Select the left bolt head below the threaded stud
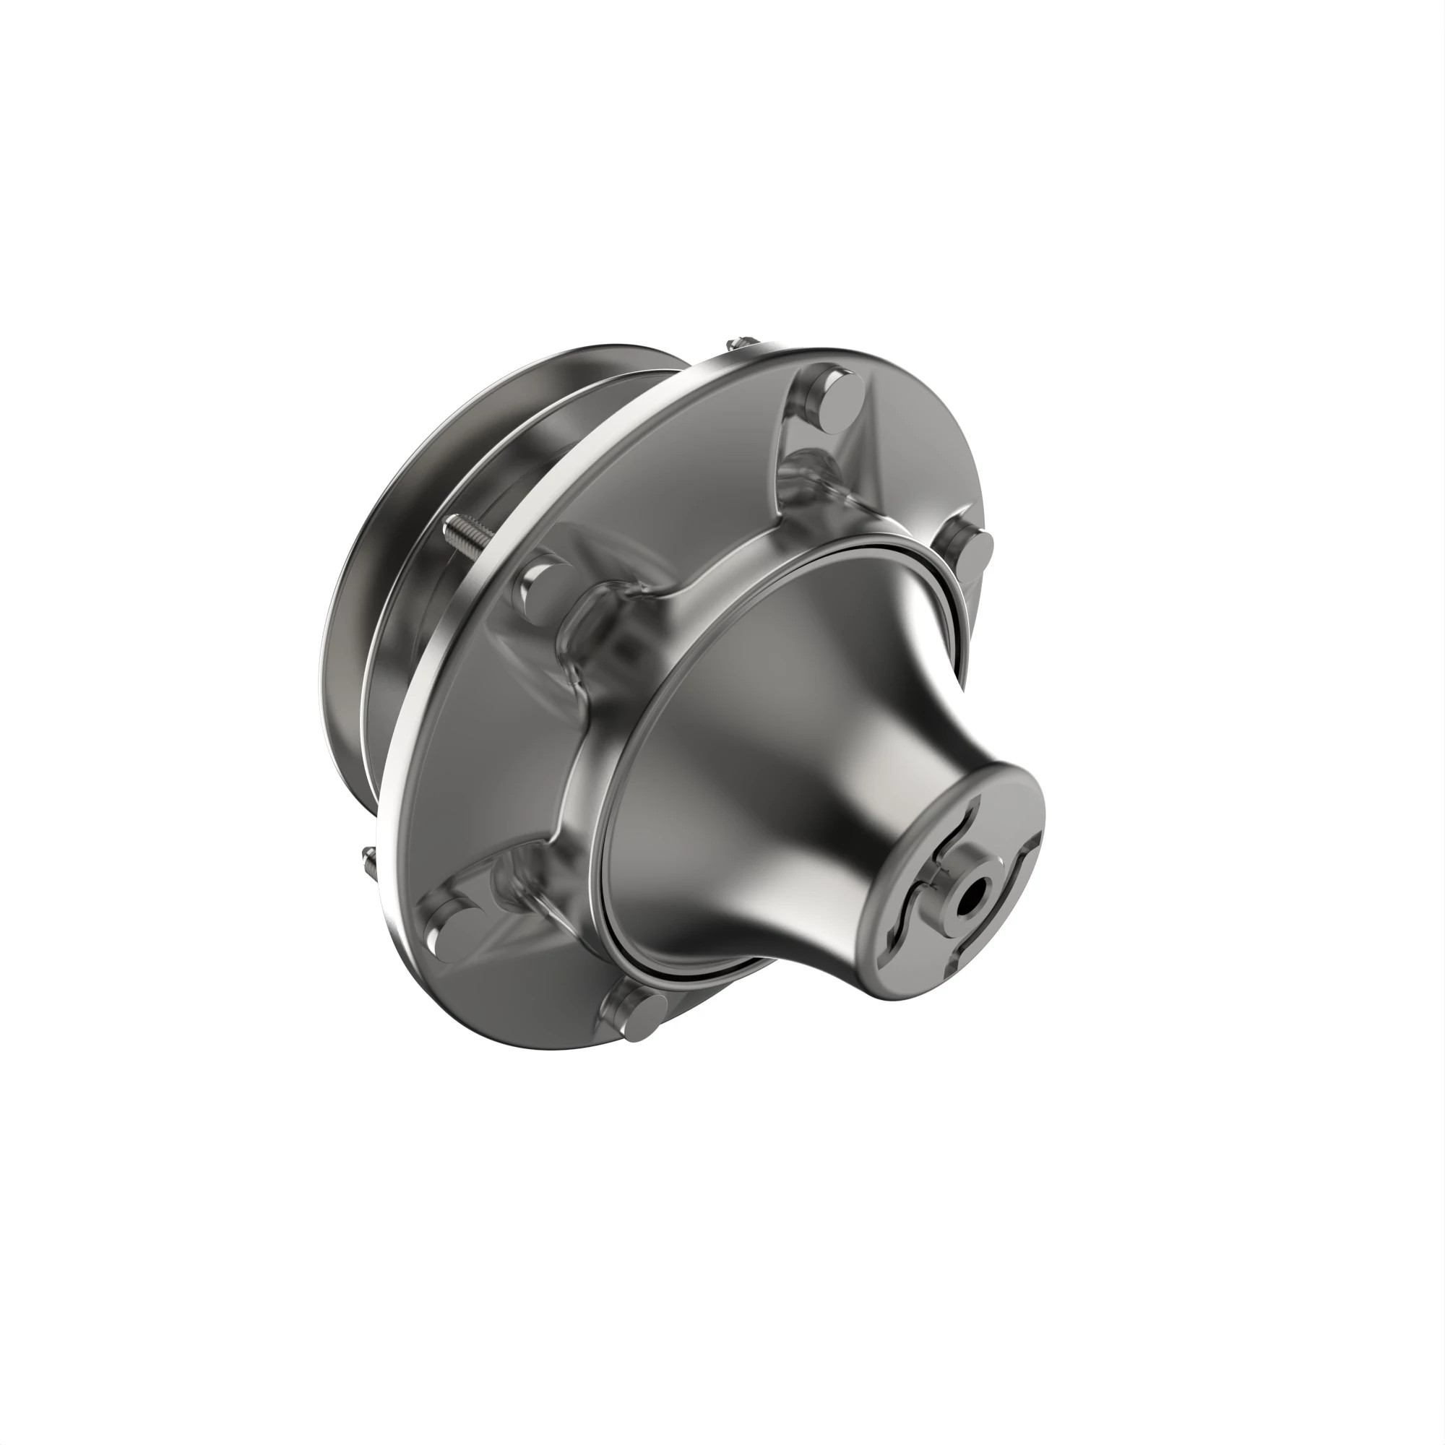tap(543, 583)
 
